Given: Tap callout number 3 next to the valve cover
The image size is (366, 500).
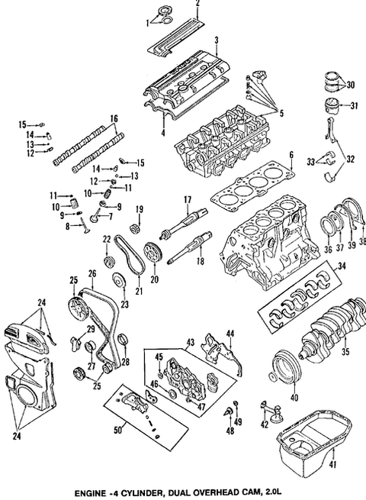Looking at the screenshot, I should click(217, 40).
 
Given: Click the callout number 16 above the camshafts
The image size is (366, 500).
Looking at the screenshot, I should click(114, 118).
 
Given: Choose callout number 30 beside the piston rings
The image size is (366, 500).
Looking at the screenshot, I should click(350, 85).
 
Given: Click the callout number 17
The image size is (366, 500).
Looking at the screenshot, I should click(185, 200).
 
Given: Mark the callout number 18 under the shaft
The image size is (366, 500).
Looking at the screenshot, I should click(200, 262).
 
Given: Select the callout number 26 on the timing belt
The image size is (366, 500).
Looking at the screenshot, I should click(91, 273).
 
